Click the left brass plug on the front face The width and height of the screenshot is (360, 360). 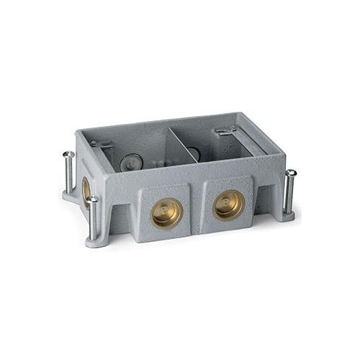point(167,213)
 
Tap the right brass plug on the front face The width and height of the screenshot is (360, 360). point(229,205)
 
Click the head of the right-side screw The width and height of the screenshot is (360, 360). point(289,173)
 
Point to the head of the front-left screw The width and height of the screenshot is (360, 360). point(93,200)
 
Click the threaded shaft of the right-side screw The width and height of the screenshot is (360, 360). point(289,193)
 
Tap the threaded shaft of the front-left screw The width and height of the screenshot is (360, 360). point(93,222)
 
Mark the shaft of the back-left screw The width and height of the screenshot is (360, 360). point(68,173)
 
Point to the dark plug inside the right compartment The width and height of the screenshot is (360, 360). point(194,154)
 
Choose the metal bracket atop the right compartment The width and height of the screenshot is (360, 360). point(226,131)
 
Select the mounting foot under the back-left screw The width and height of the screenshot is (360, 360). point(69,194)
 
